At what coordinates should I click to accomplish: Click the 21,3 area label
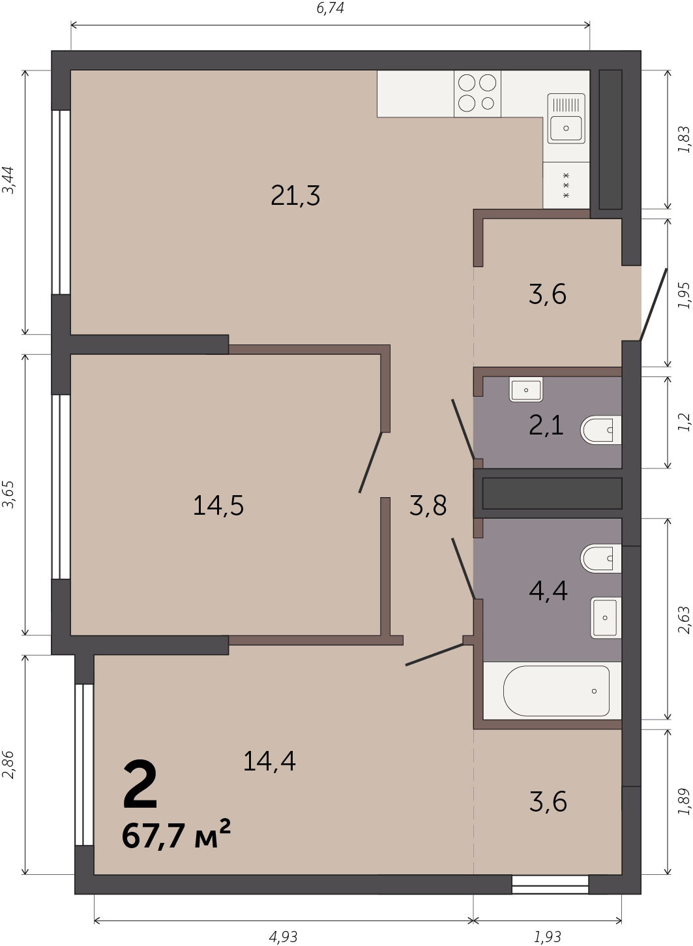click(x=295, y=196)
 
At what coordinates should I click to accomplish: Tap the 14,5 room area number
click(x=218, y=506)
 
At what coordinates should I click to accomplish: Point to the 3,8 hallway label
click(x=428, y=506)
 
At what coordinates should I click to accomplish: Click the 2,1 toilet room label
click(x=546, y=425)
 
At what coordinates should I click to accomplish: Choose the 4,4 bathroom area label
click(x=548, y=590)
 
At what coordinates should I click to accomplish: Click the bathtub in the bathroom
click(x=556, y=691)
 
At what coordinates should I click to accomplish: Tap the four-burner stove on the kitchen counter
click(x=477, y=93)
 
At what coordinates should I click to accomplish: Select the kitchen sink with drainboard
click(x=566, y=119)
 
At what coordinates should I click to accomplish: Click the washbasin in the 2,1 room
click(x=526, y=389)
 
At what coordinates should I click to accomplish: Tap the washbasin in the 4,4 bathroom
click(x=606, y=617)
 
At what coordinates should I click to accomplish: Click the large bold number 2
click(x=140, y=784)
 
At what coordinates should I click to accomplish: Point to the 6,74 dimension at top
click(x=330, y=8)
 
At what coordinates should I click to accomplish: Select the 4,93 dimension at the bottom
click(x=283, y=937)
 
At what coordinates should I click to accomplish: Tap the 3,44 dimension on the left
click(x=8, y=180)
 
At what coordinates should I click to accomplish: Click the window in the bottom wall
click(x=550, y=884)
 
